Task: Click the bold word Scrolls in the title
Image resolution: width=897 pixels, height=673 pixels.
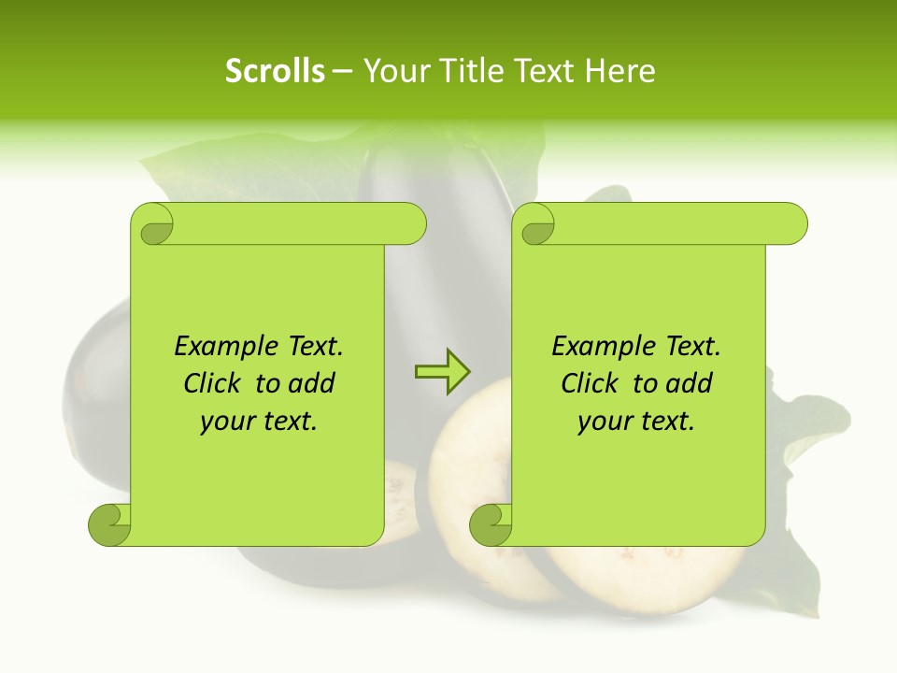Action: (275, 71)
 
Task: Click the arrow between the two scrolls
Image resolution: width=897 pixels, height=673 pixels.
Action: (442, 372)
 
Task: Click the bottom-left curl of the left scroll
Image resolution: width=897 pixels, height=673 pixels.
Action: (110, 523)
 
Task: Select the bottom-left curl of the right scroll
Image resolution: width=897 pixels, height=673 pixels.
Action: (491, 523)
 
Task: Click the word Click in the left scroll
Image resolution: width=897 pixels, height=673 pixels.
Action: (213, 384)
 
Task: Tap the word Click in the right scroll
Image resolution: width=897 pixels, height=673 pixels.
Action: (591, 384)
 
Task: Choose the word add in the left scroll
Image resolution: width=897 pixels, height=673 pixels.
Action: (310, 384)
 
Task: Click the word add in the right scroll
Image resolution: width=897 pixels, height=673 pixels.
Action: (688, 384)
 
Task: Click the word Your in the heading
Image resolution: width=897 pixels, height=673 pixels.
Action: (393, 71)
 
